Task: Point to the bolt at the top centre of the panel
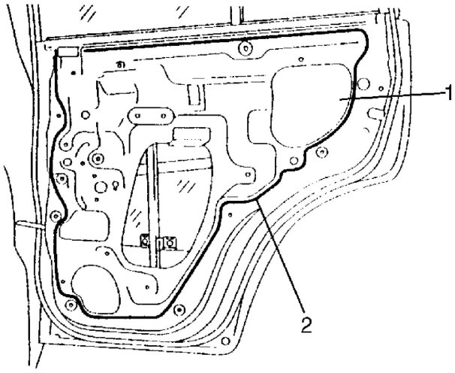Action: point(247,51)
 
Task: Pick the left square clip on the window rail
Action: point(144,241)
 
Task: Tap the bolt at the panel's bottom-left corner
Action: point(71,304)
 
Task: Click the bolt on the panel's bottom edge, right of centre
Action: point(178,310)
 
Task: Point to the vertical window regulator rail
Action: point(156,203)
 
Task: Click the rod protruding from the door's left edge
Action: point(26,224)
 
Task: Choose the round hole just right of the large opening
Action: point(363,83)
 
